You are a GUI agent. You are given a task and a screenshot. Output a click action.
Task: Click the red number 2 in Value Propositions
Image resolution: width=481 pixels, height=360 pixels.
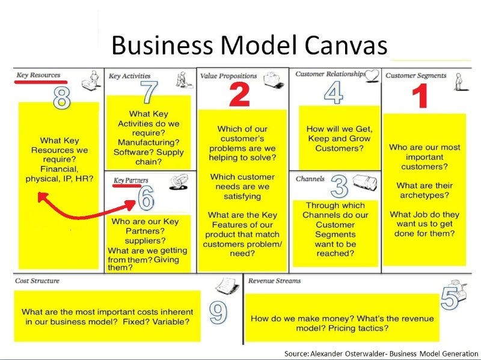coord(239,95)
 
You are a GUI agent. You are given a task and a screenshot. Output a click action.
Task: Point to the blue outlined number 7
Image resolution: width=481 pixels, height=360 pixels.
coord(148,93)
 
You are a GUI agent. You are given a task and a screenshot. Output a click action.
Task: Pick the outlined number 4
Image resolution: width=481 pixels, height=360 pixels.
coord(333,93)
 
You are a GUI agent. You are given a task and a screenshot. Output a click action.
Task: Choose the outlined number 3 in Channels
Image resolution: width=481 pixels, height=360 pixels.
coord(340,187)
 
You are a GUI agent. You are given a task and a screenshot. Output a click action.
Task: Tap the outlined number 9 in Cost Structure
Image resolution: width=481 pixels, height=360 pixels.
coord(219,311)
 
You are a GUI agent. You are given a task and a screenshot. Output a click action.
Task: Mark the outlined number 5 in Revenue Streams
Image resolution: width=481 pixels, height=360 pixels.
coord(450,298)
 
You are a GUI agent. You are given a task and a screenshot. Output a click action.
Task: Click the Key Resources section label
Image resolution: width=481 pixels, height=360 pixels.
coord(39,75)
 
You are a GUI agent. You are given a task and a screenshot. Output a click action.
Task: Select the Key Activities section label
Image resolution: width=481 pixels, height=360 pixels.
coord(129,76)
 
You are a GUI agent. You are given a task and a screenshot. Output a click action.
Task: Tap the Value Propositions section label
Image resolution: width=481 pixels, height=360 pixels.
coord(228,76)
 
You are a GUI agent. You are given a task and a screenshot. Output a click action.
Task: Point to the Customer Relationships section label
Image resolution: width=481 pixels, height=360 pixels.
coord(329,74)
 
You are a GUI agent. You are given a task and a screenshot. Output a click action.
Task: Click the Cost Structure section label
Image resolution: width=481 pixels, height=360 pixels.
coord(37,281)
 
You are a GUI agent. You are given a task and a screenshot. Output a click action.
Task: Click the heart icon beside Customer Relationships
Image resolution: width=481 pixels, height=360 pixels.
coord(372,75)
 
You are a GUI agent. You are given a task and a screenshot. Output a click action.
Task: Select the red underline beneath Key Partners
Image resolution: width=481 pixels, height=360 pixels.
coord(127,186)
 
